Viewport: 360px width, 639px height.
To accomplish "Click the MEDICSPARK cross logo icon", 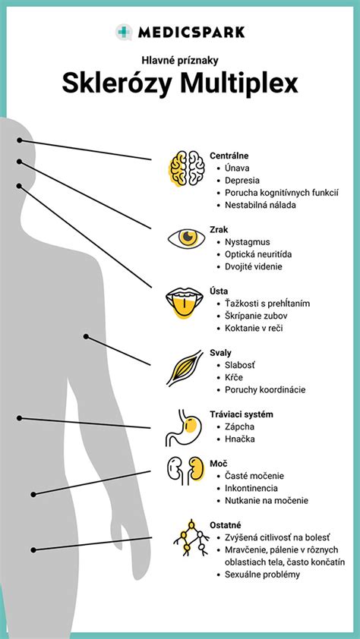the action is click(x=124, y=32).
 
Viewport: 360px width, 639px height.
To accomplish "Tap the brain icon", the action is click(x=187, y=168).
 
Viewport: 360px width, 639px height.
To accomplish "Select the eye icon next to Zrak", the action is click(x=187, y=238).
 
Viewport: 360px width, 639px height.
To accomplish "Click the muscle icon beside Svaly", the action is click(x=185, y=368).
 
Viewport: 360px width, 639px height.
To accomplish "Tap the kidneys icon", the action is click(x=185, y=471).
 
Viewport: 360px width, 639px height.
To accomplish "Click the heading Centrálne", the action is click(x=229, y=156).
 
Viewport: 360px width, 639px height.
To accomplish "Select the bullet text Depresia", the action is click(x=242, y=180).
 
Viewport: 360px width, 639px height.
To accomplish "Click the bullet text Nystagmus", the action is click(x=248, y=242).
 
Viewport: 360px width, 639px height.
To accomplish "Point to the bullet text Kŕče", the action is click(x=234, y=377).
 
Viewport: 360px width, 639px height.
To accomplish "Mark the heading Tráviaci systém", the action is click(x=242, y=414).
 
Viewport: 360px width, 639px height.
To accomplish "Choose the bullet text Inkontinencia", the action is click(x=251, y=488).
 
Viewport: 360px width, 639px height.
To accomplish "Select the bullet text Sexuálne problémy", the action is click(x=263, y=575).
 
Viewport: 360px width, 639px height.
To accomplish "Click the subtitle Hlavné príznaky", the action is click(x=180, y=60).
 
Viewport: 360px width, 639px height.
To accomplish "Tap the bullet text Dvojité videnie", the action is click(x=254, y=267).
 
